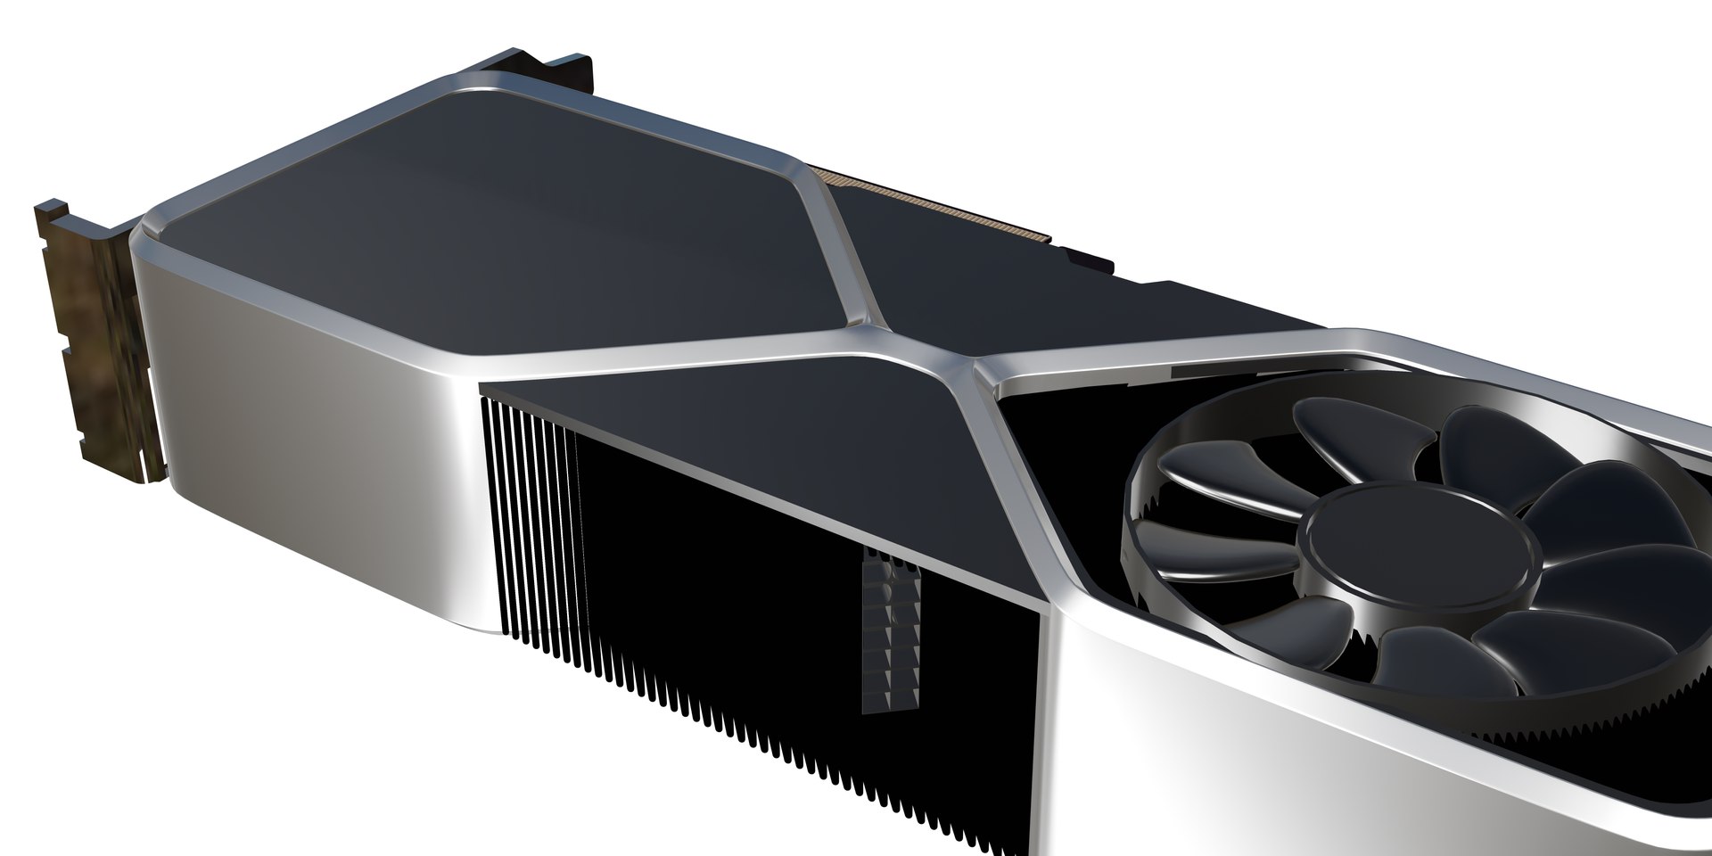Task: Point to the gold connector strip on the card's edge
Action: click(936, 205)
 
